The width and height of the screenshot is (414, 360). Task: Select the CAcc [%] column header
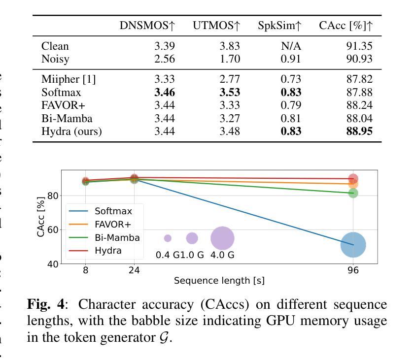pos(345,26)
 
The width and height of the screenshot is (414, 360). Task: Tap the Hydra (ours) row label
pos(71,131)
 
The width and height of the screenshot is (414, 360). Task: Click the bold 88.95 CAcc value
pos(359,131)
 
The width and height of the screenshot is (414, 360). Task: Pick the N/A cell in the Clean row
pos(291,46)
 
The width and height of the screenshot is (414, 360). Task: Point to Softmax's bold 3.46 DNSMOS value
pos(165,92)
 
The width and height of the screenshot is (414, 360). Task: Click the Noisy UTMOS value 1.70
pos(230,59)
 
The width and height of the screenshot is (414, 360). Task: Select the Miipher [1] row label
pos(69,79)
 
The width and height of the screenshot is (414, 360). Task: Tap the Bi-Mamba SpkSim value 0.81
pos(291,118)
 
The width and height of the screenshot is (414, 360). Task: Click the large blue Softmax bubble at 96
pos(353,244)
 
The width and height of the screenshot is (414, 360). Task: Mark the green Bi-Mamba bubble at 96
pos(353,193)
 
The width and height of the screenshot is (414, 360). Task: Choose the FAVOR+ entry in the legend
pos(112,225)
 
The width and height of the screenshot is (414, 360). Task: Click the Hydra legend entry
pos(108,251)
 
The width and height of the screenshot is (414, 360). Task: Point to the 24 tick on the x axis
pos(134,270)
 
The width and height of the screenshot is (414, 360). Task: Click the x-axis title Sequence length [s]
pos(219,281)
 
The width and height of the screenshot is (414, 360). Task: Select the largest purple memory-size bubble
pos(222,238)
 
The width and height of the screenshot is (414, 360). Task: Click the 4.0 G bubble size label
pos(222,255)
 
